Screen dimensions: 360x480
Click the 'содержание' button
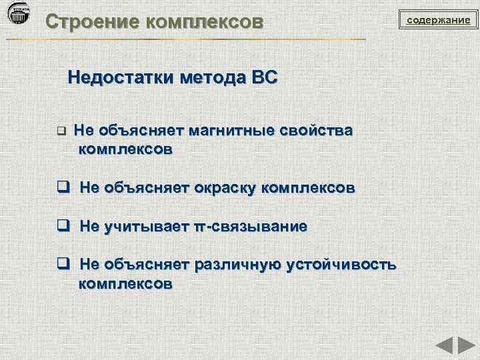439,20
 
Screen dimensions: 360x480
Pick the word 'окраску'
225,188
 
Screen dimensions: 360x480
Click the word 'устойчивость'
341,265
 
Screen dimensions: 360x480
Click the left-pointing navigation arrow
445,346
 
